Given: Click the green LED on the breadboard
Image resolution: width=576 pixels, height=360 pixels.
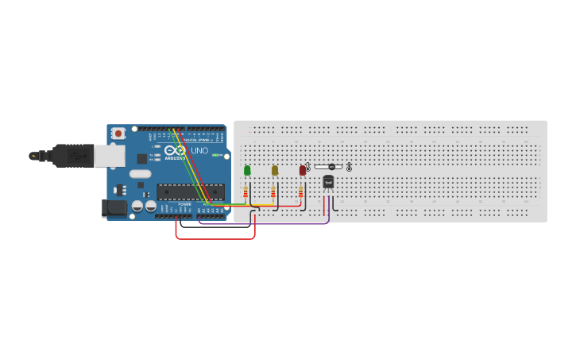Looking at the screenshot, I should click(x=247, y=169).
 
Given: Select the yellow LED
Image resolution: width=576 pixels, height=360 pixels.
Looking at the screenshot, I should click(x=275, y=169).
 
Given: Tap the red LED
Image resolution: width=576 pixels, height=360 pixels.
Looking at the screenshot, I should click(x=303, y=169).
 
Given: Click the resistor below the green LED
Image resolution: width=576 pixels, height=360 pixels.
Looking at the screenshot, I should click(x=245, y=192).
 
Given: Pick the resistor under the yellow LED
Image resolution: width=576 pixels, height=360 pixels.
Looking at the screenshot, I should click(x=273, y=192).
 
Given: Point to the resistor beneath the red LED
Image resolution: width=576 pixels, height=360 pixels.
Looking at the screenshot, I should click(x=300, y=192).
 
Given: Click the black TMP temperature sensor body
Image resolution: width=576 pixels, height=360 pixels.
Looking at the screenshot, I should click(x=328, y=181).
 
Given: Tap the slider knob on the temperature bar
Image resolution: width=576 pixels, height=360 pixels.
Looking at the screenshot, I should click(x=331, y=167).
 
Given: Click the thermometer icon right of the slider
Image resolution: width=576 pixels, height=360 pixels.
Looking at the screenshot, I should click(x=349, y=167).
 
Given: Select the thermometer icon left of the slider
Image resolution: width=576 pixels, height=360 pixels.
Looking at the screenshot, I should click(x=308, y=167).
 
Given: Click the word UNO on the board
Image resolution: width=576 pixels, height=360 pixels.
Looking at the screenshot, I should click(x=199, y=150).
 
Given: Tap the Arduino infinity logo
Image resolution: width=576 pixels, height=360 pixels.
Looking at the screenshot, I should click(x=175, y=150).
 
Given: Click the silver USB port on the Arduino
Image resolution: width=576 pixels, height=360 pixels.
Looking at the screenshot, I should click(x=110, y=156).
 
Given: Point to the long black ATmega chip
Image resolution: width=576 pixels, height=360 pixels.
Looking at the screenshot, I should click(x=190, y=192).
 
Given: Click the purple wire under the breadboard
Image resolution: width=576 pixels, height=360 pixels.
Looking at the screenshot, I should click(x=262, y=224).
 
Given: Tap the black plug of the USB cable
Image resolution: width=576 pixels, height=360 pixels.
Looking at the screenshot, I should click(x=73, y=156).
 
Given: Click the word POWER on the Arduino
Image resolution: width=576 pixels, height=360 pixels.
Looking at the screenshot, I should click(x=184, y=204).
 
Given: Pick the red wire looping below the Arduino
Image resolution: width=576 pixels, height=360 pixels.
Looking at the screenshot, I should click(x=215, y=238).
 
